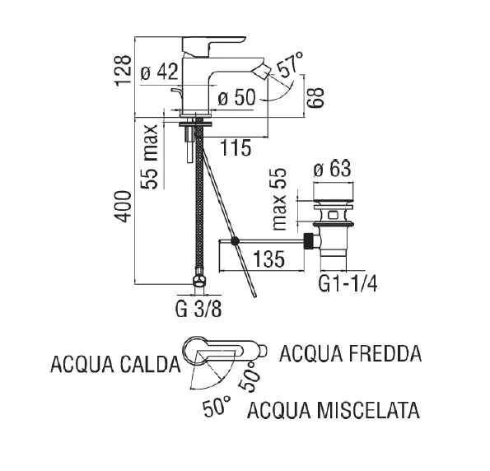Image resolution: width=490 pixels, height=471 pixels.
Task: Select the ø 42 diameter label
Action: point(160,72)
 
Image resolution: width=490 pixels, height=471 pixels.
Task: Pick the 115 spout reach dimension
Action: point(236,149)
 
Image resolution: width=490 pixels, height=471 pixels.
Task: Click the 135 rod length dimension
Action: point(268,259)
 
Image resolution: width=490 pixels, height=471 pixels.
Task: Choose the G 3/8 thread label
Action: point(198,310)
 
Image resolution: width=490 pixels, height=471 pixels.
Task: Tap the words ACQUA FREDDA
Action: point(351,354)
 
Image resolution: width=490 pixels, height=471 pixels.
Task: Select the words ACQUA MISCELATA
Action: point(334,409)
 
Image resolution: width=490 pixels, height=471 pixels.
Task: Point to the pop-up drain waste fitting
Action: point(334,219)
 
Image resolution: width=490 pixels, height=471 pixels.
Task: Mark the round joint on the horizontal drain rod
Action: point(235,242)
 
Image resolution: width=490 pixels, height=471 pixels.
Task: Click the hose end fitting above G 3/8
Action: point(198,282)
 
